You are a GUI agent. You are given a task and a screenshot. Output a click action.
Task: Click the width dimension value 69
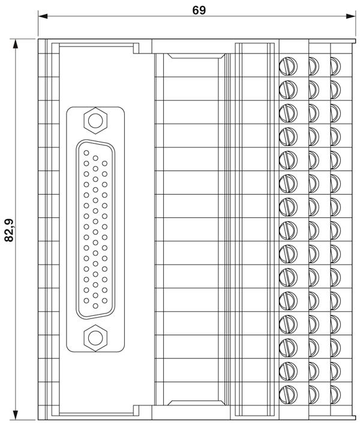click(199, 10)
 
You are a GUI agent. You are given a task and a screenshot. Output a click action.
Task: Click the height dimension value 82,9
click(10, 230)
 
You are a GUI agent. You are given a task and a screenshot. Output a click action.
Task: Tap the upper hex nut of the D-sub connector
click(95, 121)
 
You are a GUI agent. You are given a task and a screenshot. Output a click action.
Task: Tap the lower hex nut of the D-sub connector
click(95, 338)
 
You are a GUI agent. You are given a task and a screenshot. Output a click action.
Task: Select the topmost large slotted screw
click(288, 66)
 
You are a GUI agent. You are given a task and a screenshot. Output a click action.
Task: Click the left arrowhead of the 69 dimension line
click(43, 16)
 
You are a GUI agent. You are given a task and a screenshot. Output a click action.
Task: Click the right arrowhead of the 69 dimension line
click(350, 16)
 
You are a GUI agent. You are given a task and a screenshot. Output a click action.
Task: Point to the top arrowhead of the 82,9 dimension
click(16, 44)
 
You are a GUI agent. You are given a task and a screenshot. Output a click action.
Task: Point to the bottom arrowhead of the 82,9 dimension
click(16, 415)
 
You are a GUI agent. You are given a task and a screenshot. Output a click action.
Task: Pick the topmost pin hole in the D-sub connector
click(86, 153)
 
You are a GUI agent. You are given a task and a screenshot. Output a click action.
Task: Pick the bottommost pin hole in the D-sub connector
click(95, 306)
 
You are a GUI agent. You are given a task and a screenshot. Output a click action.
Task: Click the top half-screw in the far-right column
click(335, 66)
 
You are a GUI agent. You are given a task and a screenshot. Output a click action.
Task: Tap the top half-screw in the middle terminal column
click(314, 66)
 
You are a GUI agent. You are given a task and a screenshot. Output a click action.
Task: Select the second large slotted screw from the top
click(288, 89)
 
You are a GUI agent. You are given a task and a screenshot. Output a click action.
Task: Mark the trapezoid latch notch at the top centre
click(196, 56)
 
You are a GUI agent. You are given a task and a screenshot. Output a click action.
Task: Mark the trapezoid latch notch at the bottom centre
click(196, 402)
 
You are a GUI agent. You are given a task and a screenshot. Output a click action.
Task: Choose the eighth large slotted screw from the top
click(288, 231)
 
